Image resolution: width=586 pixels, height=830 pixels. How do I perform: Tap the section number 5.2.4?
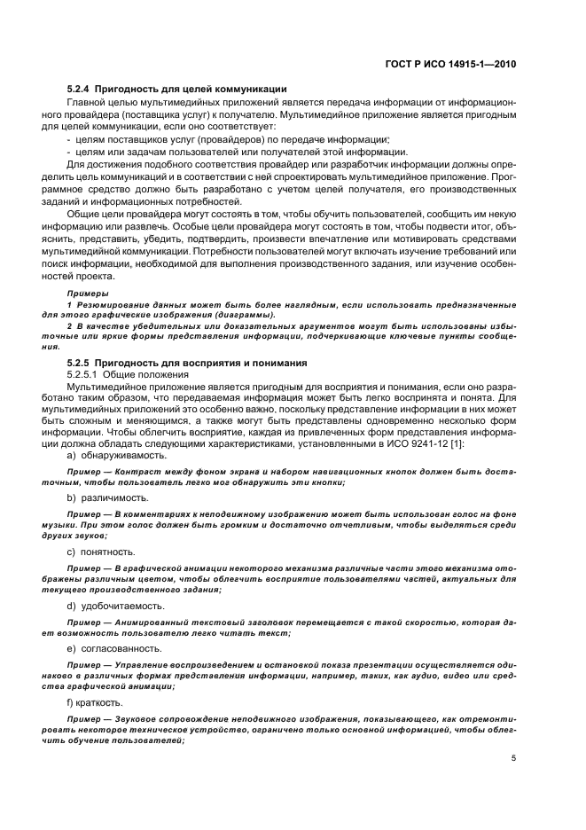(x=78, y=90)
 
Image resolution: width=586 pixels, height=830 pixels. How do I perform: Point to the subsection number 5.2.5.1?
(x=84, y=374)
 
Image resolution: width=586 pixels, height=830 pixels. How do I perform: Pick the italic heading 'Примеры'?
(x=88, y=292)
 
